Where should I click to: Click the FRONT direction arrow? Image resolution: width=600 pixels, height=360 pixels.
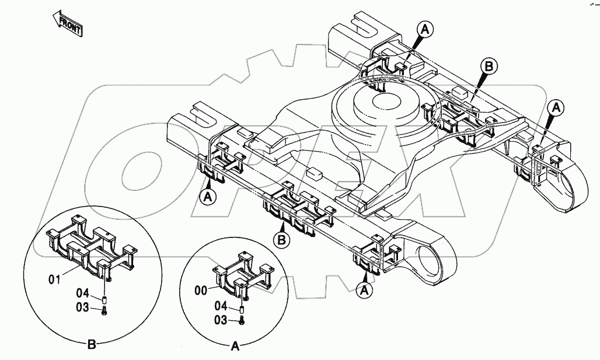(67, 23)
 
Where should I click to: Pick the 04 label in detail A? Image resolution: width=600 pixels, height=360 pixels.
(221, 306)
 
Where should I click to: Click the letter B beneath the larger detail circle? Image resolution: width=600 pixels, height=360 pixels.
(92, 344)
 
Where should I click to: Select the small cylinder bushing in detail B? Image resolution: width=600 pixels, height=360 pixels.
(104, 300)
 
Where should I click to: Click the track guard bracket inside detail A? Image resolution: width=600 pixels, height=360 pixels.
(240, 274)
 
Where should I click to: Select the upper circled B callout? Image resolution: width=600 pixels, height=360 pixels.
(490, 67)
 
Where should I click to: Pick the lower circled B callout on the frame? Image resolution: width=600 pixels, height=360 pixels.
(282, 239)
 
